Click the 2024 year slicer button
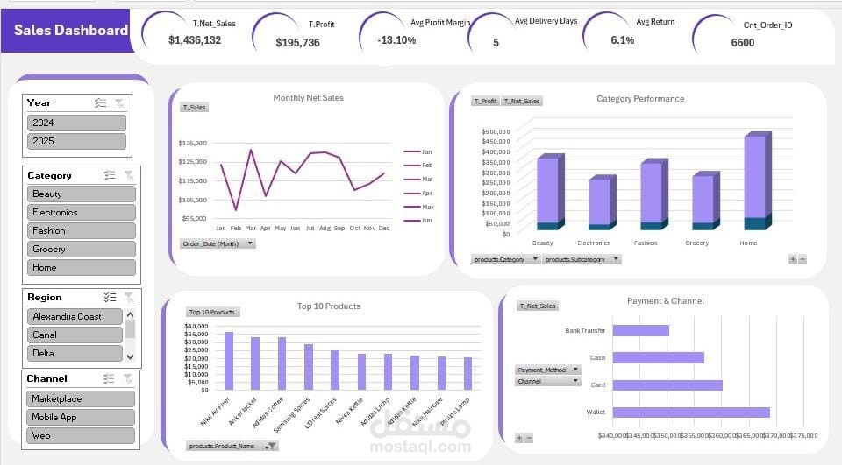(76, 123)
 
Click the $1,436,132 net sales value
(195, 40)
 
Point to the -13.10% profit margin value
(396, 40)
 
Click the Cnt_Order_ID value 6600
(742, 42)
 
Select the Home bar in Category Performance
(753, 180)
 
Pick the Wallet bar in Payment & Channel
(690, 412)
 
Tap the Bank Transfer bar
(640, 330)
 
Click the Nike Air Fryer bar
(229, 360)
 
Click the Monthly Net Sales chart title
(308, 98)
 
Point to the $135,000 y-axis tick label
(192, 143)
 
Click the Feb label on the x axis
(235, 228)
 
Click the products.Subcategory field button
(582, 259)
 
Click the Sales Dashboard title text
(71, 30)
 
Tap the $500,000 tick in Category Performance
(496, 131)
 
